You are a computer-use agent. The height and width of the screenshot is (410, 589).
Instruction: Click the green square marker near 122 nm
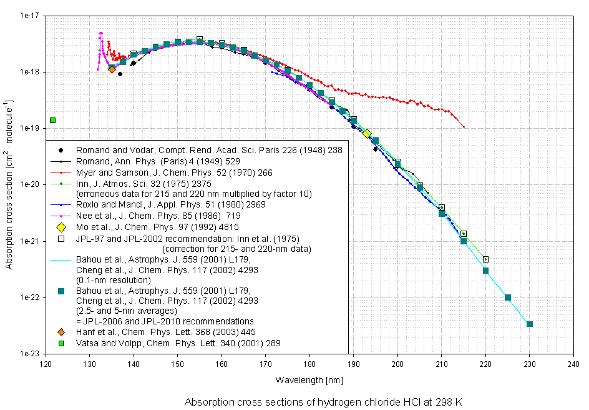pyautogui.click(x=53, y=120)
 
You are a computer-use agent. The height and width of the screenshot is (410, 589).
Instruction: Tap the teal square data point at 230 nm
pyautogui.click(x=530, y=324)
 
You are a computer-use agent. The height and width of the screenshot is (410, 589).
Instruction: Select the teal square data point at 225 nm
pyautogui.click(x=508, y=297)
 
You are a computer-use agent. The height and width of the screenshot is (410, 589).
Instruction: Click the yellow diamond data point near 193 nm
pyautogui.click(x=368, y=133)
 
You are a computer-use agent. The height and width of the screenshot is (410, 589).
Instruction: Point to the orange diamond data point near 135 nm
pyautogui.click(x=112, y=69)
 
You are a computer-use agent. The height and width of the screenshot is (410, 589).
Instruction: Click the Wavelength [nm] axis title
pyautogui.click(x=309, y=379)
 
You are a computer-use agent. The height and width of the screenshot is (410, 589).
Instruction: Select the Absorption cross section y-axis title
pyautogui.click(x=9, y=184)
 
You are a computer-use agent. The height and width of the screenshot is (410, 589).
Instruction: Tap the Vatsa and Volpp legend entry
pyautogui.click(x=178, y=343)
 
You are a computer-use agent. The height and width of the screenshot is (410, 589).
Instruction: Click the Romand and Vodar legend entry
pyautogui.click(x=209, y=150)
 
